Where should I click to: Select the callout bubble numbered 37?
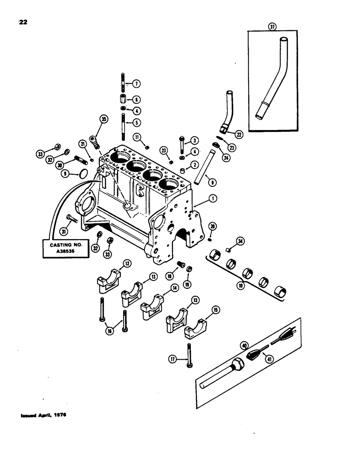272,27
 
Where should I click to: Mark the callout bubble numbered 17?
173,359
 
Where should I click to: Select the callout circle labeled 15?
215,309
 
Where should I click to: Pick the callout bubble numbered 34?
240,241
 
